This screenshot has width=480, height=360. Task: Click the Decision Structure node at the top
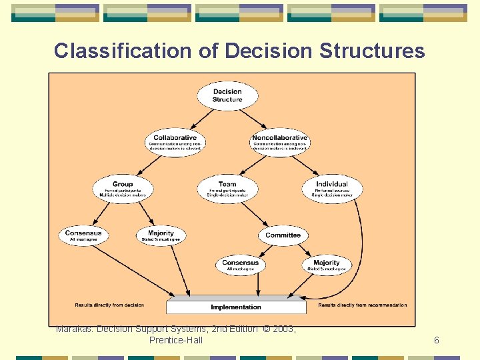[x=227, y=95]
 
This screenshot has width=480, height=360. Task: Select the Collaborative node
[x=175, y=141]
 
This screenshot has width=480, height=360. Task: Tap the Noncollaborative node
[x=280, y=141]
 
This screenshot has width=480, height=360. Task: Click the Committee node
[x=283, y=235]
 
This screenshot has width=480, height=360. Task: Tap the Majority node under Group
[x=161, y=236]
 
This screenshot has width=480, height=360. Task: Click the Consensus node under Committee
[x=241, y=265]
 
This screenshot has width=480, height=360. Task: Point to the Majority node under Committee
[x=327, y=265]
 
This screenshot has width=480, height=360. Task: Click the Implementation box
[x=236, y=307]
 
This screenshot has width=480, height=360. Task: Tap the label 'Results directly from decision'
[x=110, y=305]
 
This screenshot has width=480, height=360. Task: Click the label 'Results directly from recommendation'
[x=363, y=305]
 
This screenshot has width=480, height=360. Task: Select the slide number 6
[x=437, y=341]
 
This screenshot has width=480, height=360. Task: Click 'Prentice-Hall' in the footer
[x=176, y=341]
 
